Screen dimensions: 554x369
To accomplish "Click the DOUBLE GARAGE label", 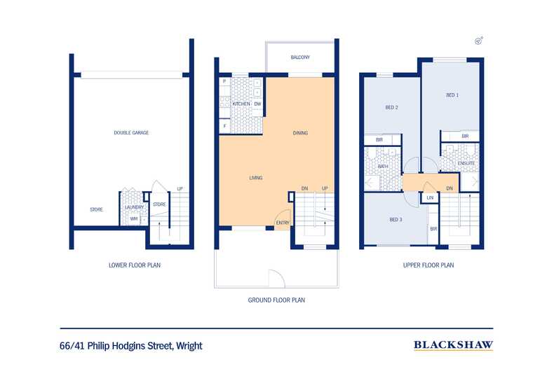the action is [131, 132].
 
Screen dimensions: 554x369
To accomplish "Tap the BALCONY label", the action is [300, 57].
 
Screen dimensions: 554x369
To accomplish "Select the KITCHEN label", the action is [241, 104].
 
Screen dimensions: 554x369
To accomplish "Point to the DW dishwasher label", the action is [257, 104].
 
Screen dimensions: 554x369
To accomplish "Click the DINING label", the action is [300, 133].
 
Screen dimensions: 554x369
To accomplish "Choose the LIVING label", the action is [256, 178].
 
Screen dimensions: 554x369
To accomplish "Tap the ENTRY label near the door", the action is [283, 223].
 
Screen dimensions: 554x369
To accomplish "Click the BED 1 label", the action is [452, 95].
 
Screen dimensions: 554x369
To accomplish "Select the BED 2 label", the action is [391, 107].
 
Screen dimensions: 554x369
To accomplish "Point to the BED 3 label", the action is [396, 219].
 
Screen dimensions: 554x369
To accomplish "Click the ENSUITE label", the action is [466, 163].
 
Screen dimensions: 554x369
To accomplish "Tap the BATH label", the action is [383, 166].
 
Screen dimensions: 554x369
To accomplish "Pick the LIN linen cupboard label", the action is [430, 198].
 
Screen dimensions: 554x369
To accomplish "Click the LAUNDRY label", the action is [134, 207].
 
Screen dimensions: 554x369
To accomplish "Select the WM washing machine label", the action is [133, 218].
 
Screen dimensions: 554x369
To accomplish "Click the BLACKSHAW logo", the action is [453, 345].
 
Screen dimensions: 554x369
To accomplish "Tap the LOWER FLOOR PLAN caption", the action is [135, 265].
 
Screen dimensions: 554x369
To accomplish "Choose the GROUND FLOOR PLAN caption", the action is [276, 300].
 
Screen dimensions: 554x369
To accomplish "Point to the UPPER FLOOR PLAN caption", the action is [428, 265].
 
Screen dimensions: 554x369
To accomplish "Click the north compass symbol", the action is [479, 41].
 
